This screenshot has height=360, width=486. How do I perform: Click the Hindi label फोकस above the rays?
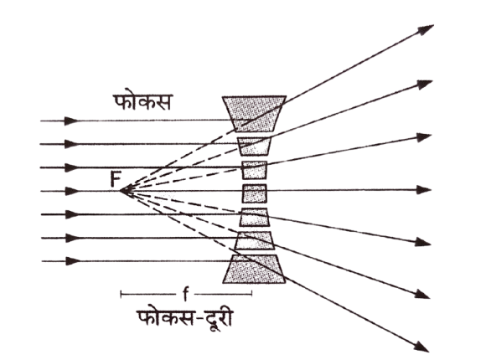(142, 101)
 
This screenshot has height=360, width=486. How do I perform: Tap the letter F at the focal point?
(116, 179)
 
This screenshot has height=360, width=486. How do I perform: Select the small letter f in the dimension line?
(185, 294)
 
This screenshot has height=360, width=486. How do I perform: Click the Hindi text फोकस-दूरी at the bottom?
(185, 319)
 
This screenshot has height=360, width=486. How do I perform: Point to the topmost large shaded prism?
(254, 114)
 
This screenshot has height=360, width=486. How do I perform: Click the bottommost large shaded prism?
(254, 269)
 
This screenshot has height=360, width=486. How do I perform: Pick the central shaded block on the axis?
(254, 193)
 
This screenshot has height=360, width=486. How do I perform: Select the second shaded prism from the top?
(254, 146)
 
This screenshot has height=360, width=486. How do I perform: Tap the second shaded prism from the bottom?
(254, 240)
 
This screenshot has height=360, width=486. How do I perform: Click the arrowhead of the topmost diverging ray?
(427, 29)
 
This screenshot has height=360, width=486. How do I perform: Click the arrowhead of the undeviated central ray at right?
(424, 190)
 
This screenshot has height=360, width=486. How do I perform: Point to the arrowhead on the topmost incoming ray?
(72, 121)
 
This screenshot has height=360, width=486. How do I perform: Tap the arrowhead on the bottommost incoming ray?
(73, 261)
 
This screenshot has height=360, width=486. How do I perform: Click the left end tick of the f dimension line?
(121, 294)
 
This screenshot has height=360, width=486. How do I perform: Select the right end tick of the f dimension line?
(251, 294)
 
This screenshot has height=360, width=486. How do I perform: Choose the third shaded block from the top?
(254, 170)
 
